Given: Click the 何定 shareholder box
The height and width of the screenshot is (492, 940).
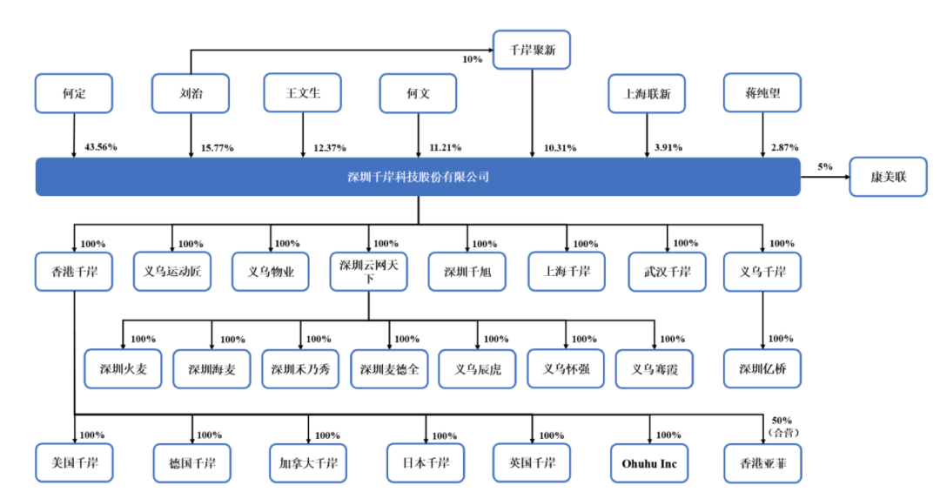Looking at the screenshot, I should point(74,93).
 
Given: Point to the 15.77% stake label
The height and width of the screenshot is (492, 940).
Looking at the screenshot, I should point(218,147).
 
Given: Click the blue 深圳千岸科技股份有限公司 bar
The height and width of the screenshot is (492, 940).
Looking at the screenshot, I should point(418,177).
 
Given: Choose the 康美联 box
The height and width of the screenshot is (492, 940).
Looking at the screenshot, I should point(889,177).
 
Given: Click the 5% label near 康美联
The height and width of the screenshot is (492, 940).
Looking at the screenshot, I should point(825,165).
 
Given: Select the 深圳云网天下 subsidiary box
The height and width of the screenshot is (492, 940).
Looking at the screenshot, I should point(368,272).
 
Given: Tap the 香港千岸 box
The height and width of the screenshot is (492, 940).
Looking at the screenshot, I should point(74,272).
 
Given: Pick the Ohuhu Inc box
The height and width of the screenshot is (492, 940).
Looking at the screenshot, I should point(649,463).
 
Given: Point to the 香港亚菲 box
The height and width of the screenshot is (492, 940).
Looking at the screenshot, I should point(762,463).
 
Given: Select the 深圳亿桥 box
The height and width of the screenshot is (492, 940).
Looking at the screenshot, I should point(762,368).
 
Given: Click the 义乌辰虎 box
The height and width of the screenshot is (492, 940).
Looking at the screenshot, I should point(477,368).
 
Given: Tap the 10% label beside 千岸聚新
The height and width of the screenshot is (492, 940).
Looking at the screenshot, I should point(471,59).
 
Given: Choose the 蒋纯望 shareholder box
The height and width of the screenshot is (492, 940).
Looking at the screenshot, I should point(762,93).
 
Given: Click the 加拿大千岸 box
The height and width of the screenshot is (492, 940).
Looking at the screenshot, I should point(308,463).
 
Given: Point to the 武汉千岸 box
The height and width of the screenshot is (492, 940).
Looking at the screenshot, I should point(667,272).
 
